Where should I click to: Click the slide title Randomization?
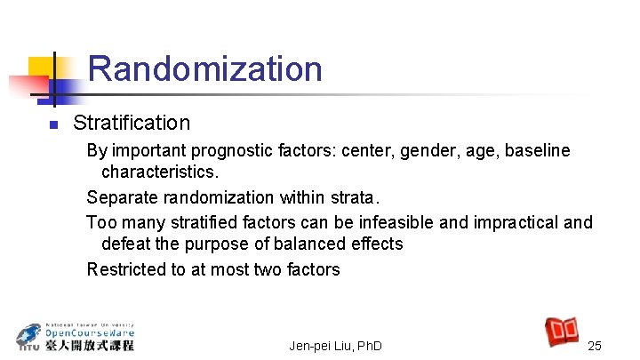(204, 69)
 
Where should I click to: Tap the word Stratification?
(132, 123)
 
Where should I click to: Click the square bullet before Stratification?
(54, 124)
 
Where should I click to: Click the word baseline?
(538, 151)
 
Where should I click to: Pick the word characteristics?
(160, 170)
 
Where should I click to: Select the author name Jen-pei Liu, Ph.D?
(336, 345)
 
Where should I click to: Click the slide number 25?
(595, 345)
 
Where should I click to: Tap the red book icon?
(562, 332)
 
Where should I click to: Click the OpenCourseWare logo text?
(88, 336)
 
